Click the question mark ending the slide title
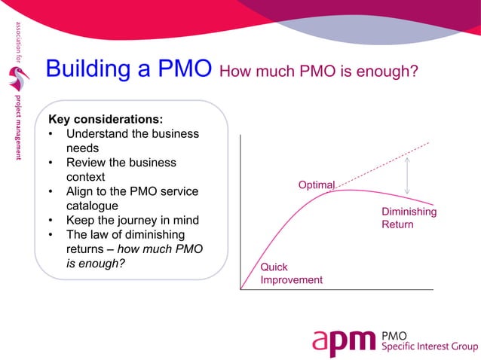414,72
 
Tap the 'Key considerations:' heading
105,119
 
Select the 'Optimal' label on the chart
317,185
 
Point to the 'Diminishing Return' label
409,218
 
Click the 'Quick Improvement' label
291,273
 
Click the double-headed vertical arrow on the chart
407,175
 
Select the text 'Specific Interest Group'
430,346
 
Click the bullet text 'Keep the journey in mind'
132,220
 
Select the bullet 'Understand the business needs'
132,141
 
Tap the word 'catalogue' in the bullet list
93,206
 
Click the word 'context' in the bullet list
88,176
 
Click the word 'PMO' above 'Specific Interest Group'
396,334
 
